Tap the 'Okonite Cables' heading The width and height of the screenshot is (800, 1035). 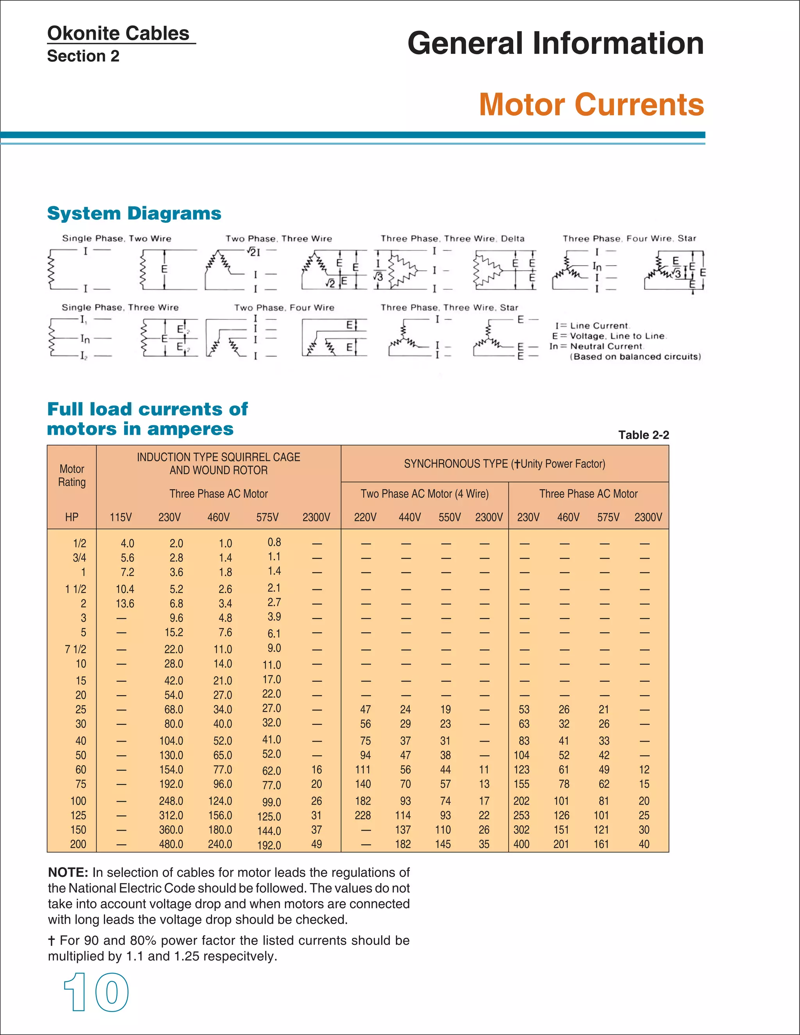coord(118,34)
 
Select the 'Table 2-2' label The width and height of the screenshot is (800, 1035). coord(643,435)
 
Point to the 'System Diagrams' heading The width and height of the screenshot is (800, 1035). coord(134,213)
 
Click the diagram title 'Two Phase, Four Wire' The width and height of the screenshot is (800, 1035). coord(284,307)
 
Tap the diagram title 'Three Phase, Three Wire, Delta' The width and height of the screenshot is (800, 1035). coord(452,238)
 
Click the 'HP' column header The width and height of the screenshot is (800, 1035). coord(71,517)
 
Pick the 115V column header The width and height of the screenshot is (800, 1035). coord(121,517)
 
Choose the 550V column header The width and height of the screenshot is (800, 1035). coord(449,517)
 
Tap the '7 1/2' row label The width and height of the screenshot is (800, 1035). coord(75,649)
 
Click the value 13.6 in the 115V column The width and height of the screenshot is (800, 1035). coord(125,604)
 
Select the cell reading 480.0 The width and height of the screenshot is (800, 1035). coord(171,844)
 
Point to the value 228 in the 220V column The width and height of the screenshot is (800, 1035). coord(362,815)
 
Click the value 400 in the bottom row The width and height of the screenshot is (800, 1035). coord(521,844)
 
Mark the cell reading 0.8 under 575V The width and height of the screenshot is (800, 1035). coord(274,542)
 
